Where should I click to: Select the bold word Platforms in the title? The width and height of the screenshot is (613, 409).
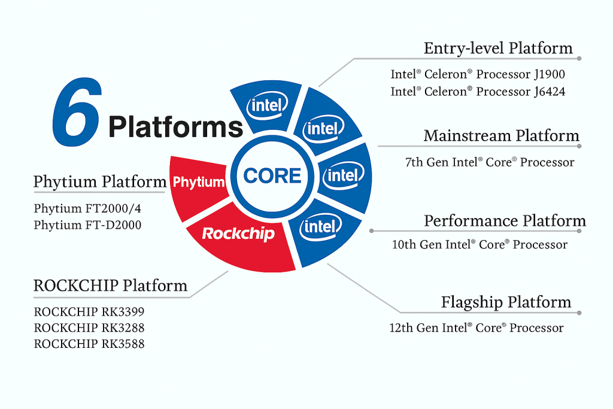[175, 127]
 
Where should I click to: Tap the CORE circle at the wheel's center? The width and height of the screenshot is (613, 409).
[272, 176]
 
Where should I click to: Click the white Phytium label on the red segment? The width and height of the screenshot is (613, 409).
[198, 183]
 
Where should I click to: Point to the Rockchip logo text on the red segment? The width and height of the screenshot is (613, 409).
[238, 234]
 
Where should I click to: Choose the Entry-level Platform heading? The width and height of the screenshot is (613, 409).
[498, 49]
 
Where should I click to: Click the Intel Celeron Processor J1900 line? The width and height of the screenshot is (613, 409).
[478, 75]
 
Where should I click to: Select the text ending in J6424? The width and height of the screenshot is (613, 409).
[478, 92]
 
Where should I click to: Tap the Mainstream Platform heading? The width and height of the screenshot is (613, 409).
[502, 136]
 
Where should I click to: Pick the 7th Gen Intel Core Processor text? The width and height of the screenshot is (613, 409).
[490, 162]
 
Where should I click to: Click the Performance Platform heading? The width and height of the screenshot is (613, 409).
[505, 221]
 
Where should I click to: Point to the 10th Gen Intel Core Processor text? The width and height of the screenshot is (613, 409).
[480, 244]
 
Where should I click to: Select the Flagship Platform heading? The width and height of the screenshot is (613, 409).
[506, 302]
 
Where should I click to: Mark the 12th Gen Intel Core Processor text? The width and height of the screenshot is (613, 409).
[477, 328]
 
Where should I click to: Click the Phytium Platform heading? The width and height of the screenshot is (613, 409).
[100, 181]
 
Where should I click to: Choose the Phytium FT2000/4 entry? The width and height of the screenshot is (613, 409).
[83, 209]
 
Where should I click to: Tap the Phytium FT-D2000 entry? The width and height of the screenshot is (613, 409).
[87, 225]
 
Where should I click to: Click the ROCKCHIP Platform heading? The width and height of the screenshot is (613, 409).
[110, 286]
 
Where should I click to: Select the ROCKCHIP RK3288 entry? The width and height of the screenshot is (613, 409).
[89, 328]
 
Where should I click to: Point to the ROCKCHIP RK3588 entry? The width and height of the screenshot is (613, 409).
[89, 344]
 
